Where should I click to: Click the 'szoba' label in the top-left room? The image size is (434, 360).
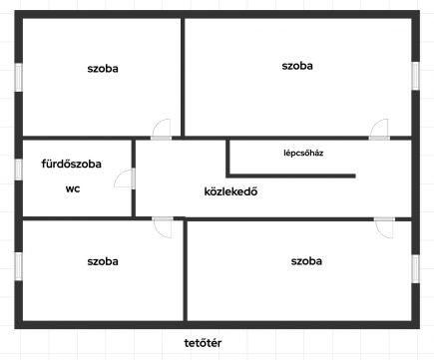point(103,69)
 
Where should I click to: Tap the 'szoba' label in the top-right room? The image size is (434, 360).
point(297,66)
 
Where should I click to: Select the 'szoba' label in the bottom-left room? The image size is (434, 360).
point(103,261)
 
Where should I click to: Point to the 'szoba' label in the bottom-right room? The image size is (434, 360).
point(306,261)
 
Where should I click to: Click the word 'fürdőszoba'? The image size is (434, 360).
point(72,164)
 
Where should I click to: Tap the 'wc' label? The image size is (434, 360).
point(73,188)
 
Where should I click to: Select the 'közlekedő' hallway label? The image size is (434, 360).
point(230,191)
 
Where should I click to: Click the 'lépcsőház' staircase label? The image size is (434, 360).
point(303,153)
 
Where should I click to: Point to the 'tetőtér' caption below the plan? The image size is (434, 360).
point(203,343)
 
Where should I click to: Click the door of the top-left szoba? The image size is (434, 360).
point(162,130)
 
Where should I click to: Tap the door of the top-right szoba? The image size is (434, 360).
point(379,130)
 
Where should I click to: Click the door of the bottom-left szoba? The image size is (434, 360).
point(163,227)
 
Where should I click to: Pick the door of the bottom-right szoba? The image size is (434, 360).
point(384,228)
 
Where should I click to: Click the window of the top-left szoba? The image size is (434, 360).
point(19,77)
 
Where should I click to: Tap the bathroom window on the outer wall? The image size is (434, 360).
point(19,170)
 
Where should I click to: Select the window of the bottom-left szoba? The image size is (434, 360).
point(19,266)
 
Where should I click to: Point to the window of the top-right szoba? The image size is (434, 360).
point(415,76)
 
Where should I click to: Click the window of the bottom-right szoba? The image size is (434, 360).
point(415,269)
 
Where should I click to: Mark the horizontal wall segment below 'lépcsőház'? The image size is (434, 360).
point(292,176)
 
